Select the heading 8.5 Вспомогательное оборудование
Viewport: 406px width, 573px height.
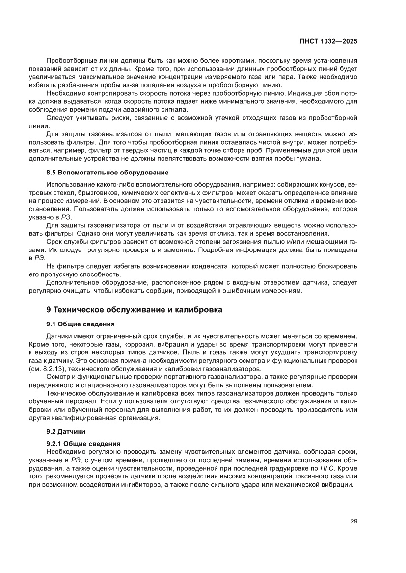(x=107, y=173)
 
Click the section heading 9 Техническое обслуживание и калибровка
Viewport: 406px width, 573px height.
(x=134, y=310)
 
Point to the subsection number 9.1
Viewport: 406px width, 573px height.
(x=52, y=324)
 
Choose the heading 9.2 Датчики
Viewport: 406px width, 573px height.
(x=66, y=432)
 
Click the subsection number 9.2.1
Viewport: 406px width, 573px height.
(x=55, y=443)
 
